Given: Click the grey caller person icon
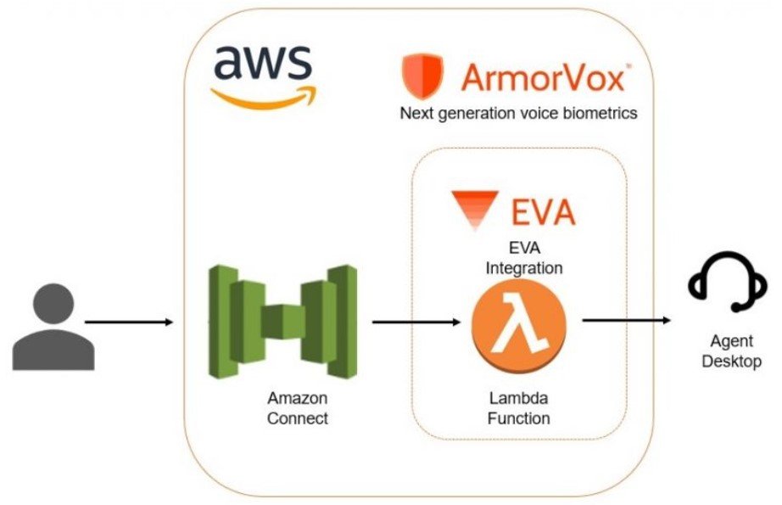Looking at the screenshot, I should point(53,327).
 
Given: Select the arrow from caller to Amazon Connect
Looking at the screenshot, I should point(129,323).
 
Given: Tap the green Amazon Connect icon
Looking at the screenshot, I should point(283,322).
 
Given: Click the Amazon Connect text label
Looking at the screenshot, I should point(298,407).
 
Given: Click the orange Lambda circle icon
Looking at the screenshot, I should point(518,324).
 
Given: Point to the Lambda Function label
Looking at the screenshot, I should point(519,407).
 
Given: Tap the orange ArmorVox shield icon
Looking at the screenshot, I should point(422,76).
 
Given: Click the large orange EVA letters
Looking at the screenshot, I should point(543,212).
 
